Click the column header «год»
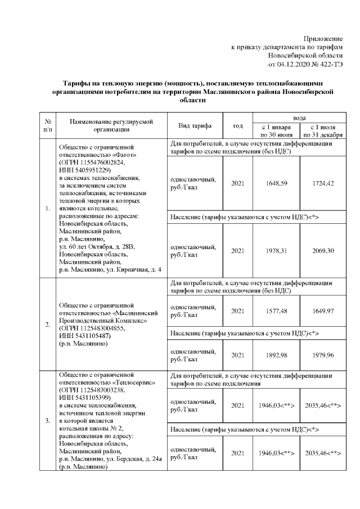[x=238, y=125]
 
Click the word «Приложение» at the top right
[x=323, y=38]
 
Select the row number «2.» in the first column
[x=47, y=325]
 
